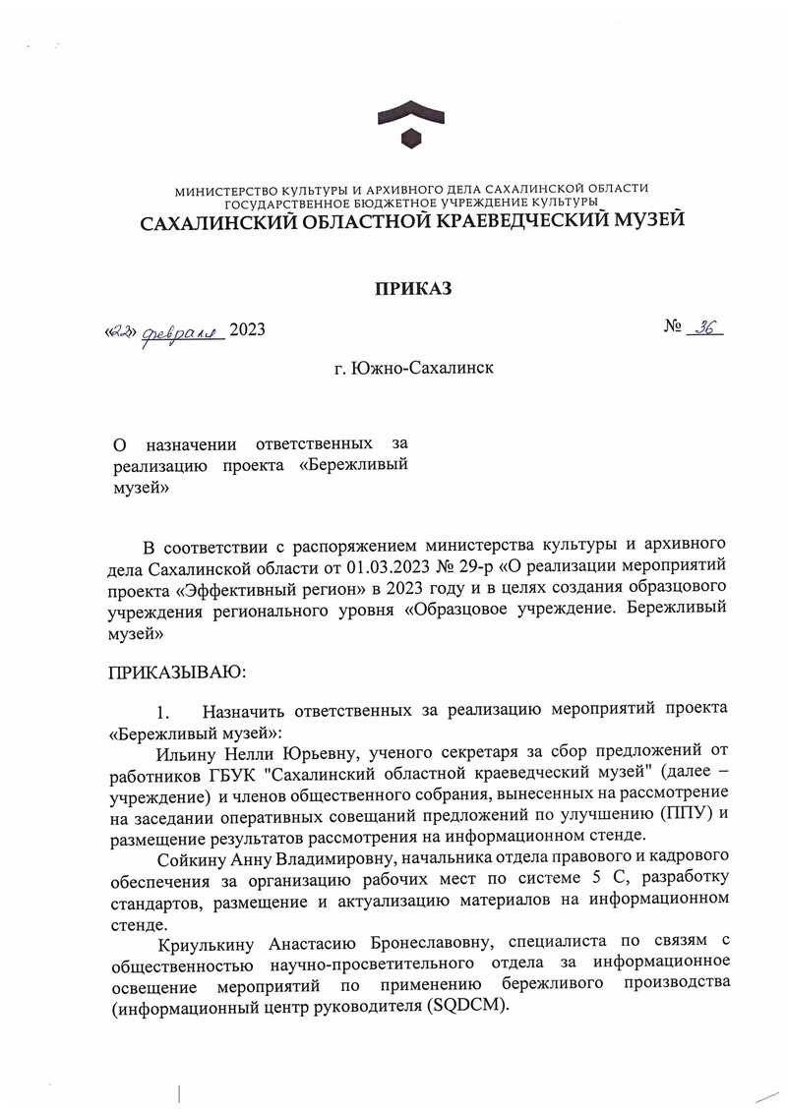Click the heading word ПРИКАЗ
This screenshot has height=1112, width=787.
[412, 288]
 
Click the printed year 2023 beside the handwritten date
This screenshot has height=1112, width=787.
[246, 331]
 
